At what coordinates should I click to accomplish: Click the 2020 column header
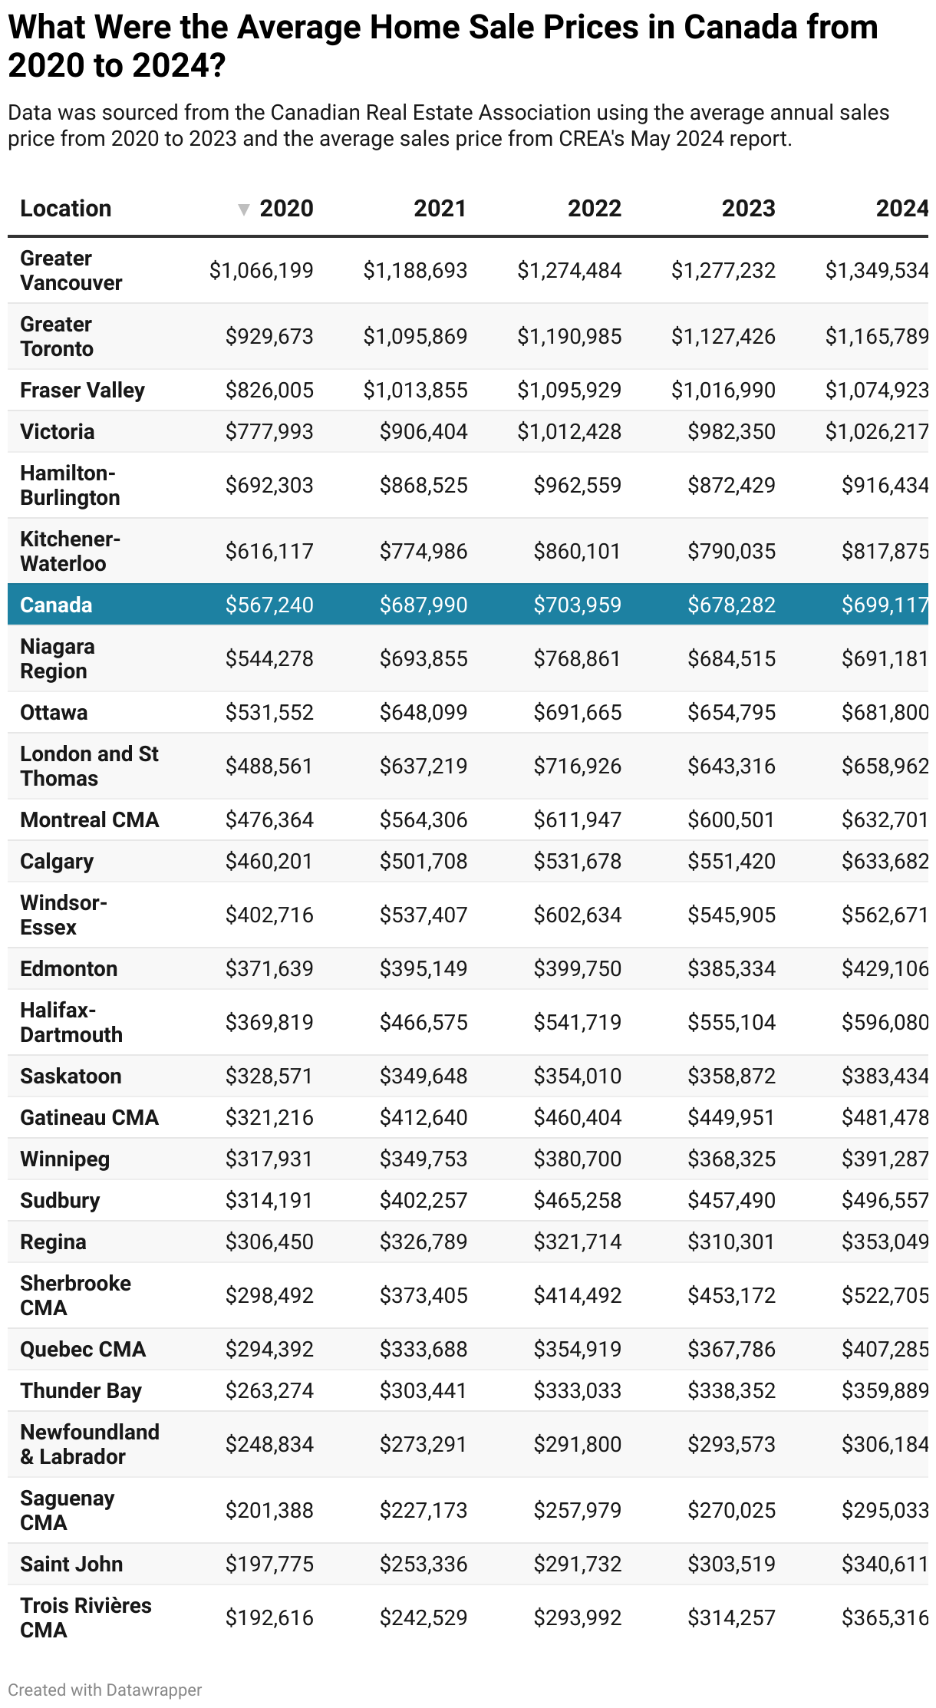click(x=286, y=208)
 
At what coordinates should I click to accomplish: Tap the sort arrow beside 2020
click(x=244, y=209)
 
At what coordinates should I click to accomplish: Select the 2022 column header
click(x=594, y=208)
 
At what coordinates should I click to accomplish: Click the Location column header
click(x=66, y=208)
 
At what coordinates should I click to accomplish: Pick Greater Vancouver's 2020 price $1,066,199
click(x=262, y=270)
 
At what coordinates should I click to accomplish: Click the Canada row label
click(x=56, y=605)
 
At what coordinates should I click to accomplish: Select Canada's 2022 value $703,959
click(x=577, y=605)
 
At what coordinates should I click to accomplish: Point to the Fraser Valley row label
click(x=82, y=390)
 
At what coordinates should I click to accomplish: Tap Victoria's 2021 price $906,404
click(x=424, y=431)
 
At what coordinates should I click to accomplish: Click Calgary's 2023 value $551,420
click(x=731, y=861)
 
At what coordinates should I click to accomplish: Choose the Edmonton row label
click(x=68, y=968)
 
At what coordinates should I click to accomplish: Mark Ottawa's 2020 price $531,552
click(x=269, y=712)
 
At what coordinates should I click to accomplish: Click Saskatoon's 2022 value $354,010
click(x=577, y=1076)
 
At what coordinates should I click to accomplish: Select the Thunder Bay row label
click(x=81, y=1390)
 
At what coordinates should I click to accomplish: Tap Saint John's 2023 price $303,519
click(x=731, y=1564)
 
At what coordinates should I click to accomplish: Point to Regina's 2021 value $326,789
click(x=424, y=1241)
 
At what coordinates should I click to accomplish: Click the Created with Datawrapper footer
click(x=105, y=1690)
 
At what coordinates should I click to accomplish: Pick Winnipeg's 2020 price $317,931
click(x=269, y=1159)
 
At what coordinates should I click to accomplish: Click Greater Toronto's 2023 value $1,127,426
click(x=723, y=336)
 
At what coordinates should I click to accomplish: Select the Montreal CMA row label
click(x=89, y=819)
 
